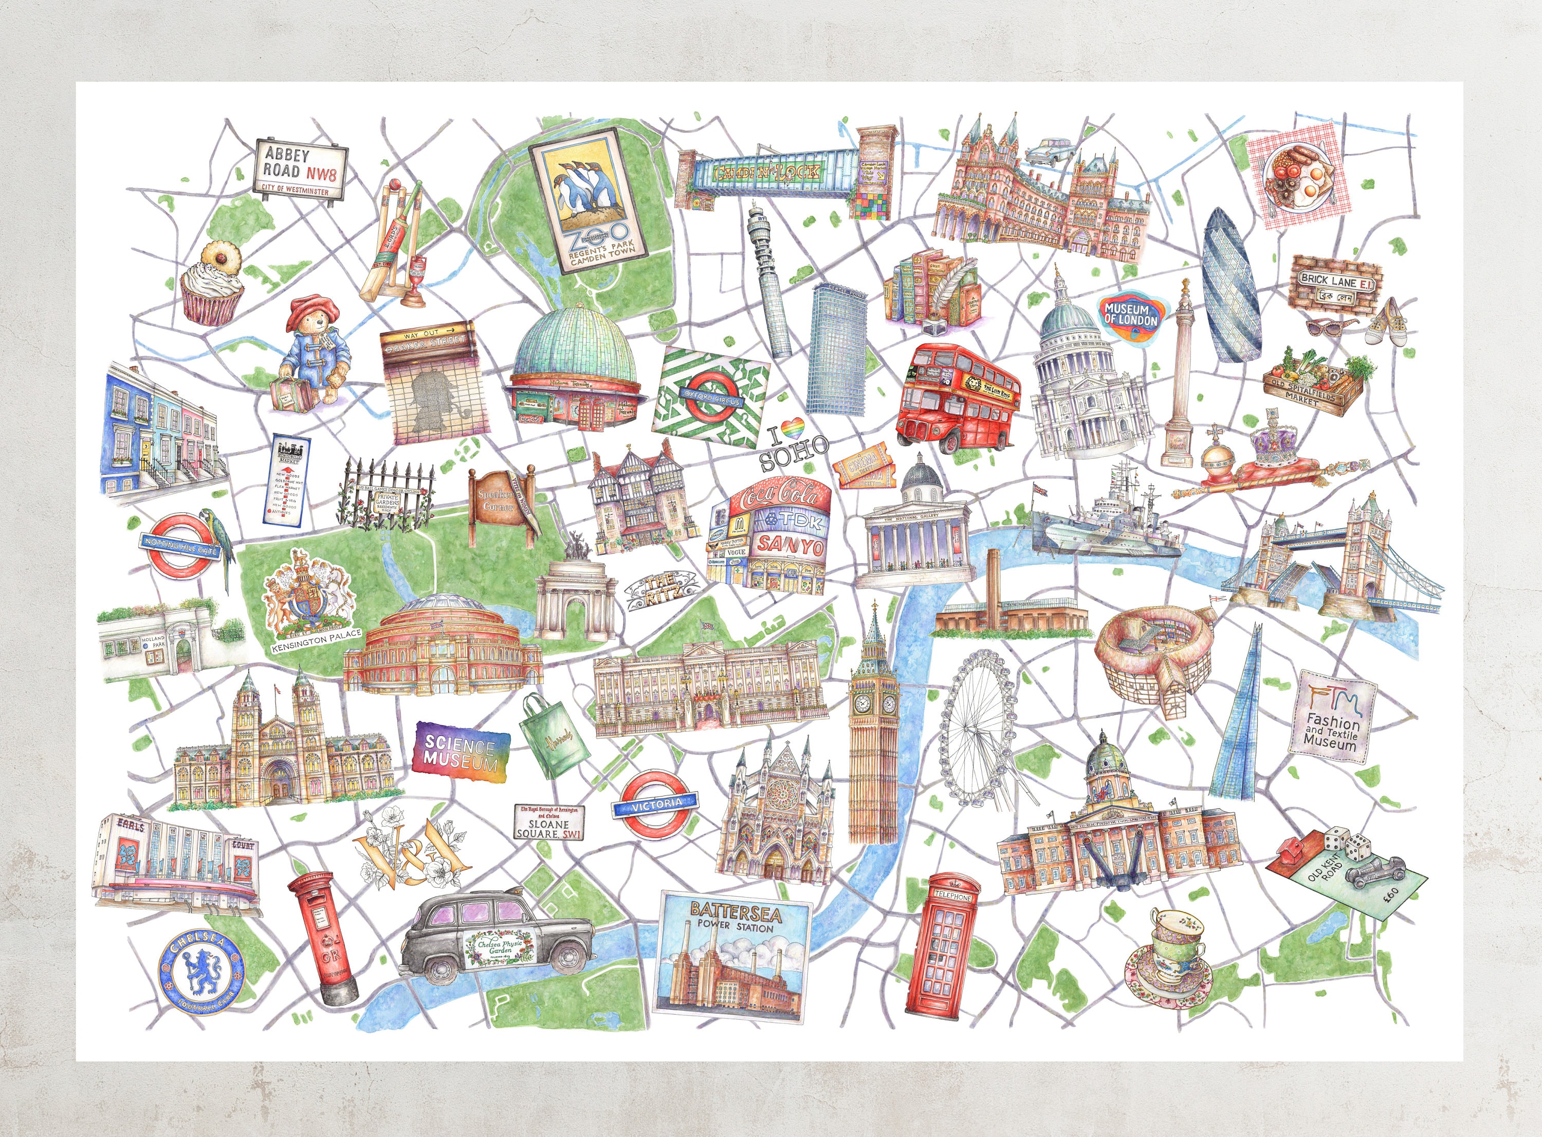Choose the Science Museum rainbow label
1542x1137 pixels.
point(461,752)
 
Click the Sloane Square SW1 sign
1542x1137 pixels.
point(548,823)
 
